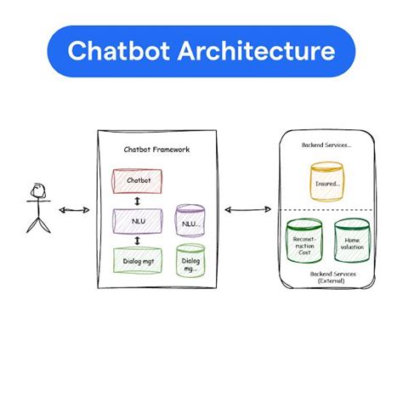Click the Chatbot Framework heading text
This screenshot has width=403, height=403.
click(x=156, y=150)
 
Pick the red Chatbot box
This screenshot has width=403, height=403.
click(x=138, y=181)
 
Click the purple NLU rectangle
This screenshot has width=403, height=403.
click(x=138, y=219)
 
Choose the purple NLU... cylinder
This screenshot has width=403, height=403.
click(x=190, y=222)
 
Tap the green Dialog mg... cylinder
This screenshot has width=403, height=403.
click(x=190, y=261)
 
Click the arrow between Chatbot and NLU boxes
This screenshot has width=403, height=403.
click(x=138, y=201)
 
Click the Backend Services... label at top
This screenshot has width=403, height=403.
click(x=327, y=145)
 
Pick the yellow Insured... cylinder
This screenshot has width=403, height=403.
click(x=327, y=181)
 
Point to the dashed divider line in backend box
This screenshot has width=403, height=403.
click(x=327, y=210)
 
